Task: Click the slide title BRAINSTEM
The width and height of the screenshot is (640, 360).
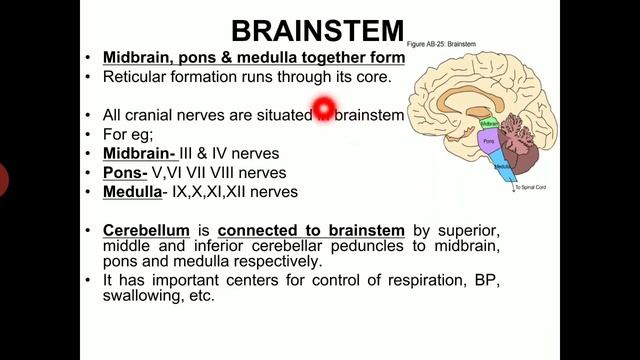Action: click(317, 31)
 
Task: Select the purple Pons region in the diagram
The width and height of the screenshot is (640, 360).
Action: click(490, 144)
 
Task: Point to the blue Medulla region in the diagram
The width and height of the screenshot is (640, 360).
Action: click(498, 171)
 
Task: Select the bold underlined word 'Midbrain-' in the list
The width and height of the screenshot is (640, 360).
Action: click(140, 154)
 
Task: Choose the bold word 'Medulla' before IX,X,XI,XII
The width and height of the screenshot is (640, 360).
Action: click(132, 191)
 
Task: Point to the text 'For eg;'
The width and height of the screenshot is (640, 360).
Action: click(126, 135)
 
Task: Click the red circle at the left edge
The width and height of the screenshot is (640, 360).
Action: click(3, 180)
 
